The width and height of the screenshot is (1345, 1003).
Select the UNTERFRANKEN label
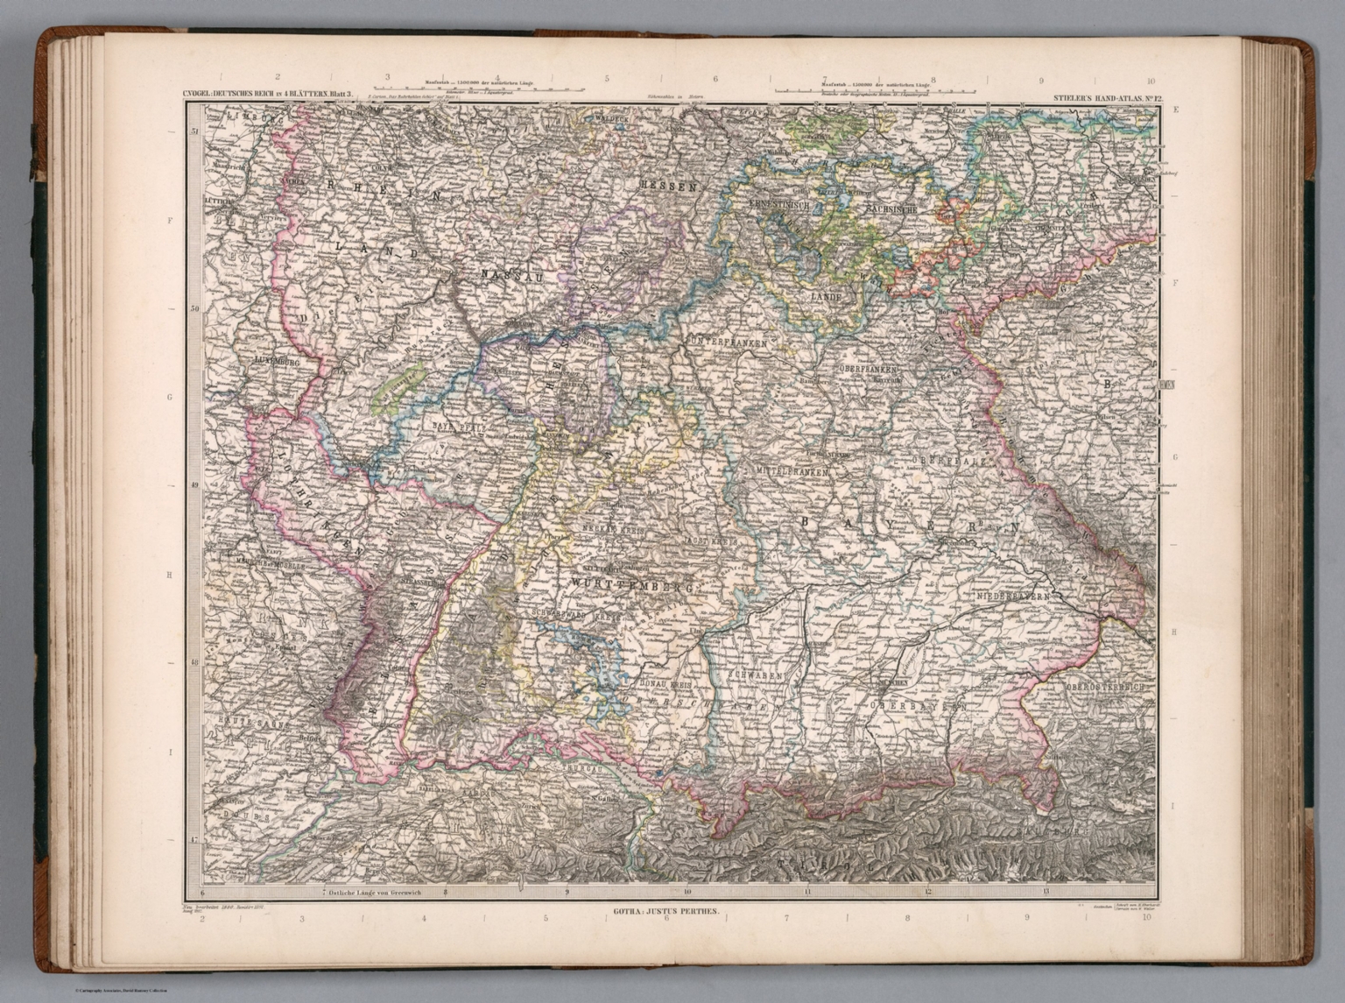729,343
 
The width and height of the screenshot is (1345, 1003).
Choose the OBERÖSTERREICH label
1105,688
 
